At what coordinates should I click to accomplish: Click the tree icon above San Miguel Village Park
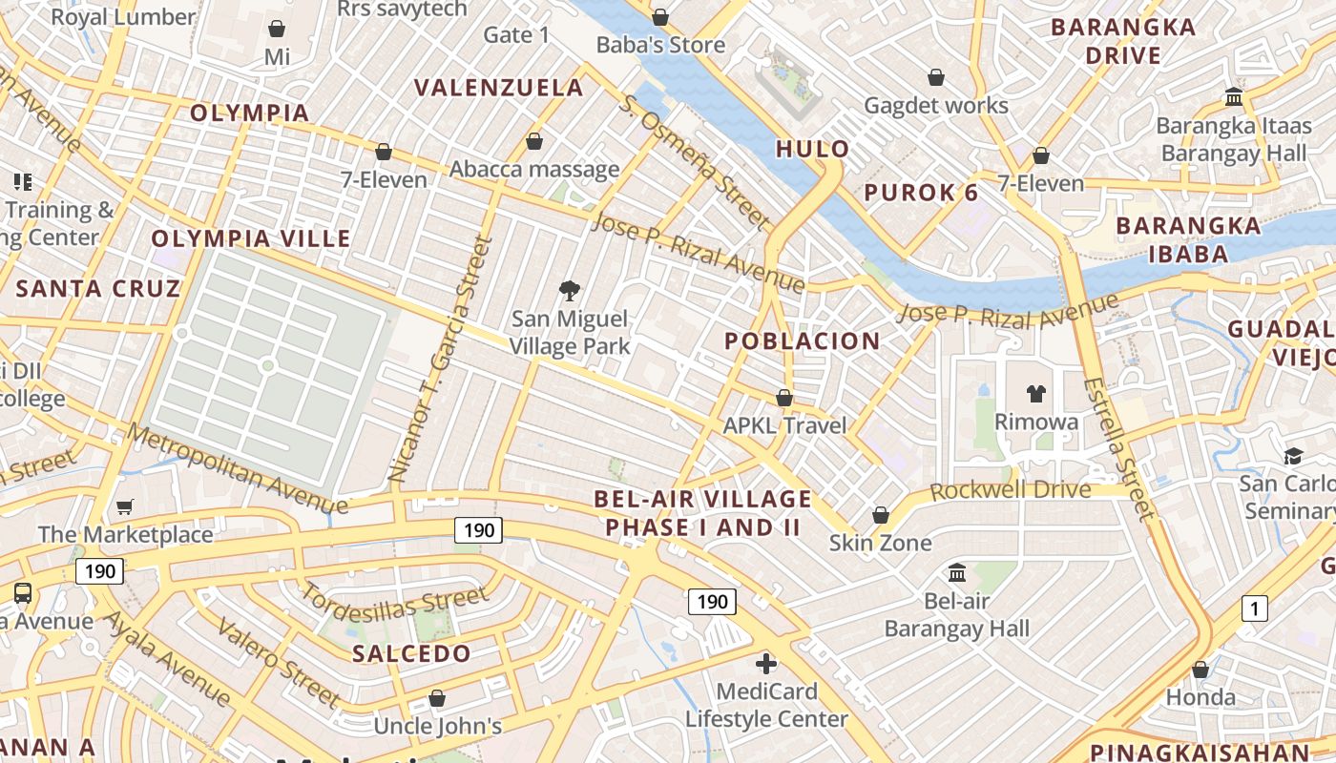570,290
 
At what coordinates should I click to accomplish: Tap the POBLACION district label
802,341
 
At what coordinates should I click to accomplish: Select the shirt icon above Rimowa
1036,393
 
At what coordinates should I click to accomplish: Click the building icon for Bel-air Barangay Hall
957,572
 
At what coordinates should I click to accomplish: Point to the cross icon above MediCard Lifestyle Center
766,664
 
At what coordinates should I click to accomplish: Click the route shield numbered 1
1254,608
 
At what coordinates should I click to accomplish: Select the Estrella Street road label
1118,448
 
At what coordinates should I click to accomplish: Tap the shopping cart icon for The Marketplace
124,506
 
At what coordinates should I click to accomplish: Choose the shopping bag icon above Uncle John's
437,698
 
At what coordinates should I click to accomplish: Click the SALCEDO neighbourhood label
411,654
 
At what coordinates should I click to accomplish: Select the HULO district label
812,149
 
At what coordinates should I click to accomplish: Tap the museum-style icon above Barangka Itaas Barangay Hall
1233,97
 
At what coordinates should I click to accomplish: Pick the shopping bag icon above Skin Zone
881,515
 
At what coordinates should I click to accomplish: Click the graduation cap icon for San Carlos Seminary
1293,456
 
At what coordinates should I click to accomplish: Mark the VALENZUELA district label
498,88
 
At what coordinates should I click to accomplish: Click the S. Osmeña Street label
694,162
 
